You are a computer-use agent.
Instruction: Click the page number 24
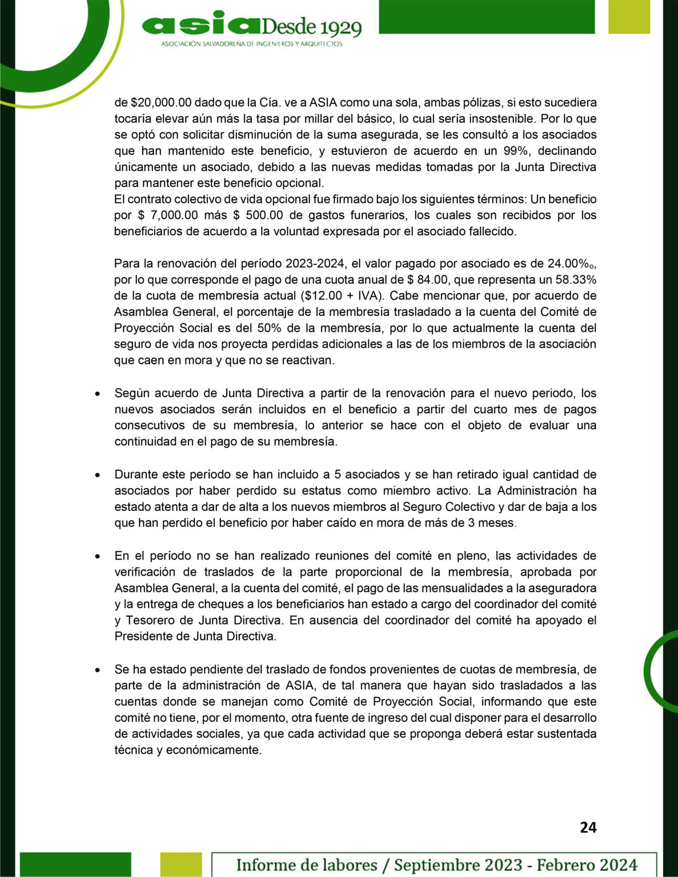coord(588,827)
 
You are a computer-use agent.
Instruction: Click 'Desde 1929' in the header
coord(311,27)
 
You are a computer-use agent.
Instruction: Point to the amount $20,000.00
coord(153,103)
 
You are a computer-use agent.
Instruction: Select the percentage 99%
coord(517,151)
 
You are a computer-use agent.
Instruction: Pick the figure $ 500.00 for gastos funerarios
coord(260,215)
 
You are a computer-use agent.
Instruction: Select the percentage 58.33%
coord(572,280)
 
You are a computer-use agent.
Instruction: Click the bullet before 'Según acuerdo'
coord(99,394)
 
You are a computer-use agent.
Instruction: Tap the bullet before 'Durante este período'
coord(99,475)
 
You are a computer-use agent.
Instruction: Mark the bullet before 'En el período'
coord(99,556)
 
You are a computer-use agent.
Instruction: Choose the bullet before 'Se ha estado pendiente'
coord(99,670)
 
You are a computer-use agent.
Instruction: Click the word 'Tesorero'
coord(150,620)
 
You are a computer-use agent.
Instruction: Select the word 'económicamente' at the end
coord(214,750)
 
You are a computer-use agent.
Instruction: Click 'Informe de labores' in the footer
coord(307,864)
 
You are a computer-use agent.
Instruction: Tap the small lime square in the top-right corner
coord(629,17)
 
